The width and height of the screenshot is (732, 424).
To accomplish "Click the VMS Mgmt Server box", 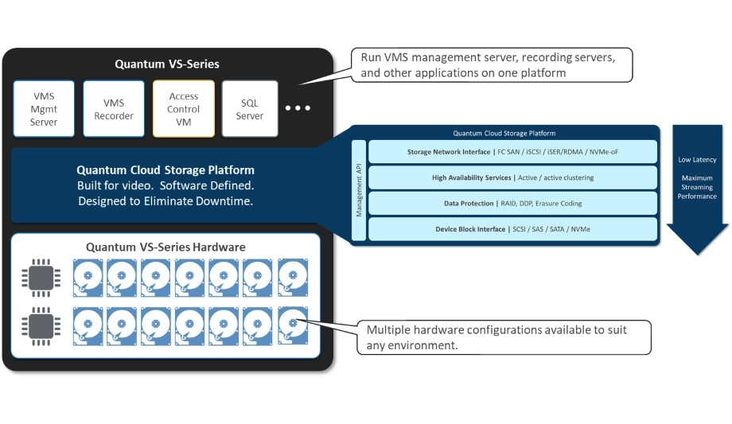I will coord(44,109).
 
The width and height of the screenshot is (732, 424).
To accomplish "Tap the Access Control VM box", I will coord(184,109).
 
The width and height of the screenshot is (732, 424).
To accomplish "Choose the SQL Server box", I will coord(250,109).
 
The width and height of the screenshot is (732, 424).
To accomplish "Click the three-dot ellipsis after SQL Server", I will coord(298,108).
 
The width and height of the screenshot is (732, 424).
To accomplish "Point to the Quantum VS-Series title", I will coord(166,64).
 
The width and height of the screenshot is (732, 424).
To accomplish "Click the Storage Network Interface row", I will coord(512,152).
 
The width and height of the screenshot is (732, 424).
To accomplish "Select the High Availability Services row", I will coord(512,177).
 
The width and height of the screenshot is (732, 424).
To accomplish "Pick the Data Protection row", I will coord(512,204).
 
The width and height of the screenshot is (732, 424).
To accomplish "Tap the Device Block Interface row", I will coord(512,229).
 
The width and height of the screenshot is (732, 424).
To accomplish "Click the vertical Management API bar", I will coord(359,190).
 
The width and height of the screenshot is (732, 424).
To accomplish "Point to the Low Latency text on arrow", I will coord(697,160).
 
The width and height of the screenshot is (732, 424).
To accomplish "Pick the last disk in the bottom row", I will coord(293,326).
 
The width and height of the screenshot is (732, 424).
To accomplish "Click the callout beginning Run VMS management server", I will coord(492,65).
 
